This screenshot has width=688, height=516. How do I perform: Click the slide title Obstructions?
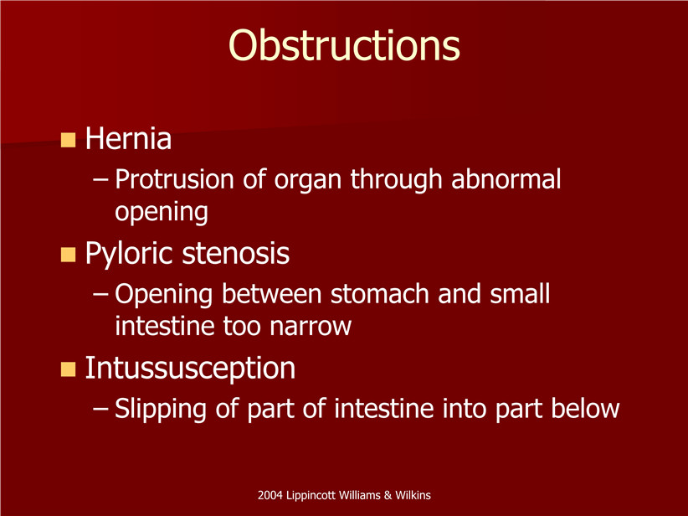(344, 45)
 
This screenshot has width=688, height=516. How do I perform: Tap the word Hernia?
(128, 139)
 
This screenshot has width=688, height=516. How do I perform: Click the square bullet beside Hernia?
(68, 140)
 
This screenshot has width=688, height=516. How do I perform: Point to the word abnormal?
(506, 179)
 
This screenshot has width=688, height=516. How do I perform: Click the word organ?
(307, 181)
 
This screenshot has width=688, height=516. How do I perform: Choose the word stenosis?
(236, 254)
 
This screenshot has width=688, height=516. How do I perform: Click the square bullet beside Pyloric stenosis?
(68, 255)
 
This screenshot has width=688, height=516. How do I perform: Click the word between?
(272, 293)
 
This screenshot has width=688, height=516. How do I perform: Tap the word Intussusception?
(190, 369)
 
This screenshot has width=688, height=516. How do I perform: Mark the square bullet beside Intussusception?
(68, 369)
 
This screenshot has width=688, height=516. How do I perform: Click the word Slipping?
(160, 410)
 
